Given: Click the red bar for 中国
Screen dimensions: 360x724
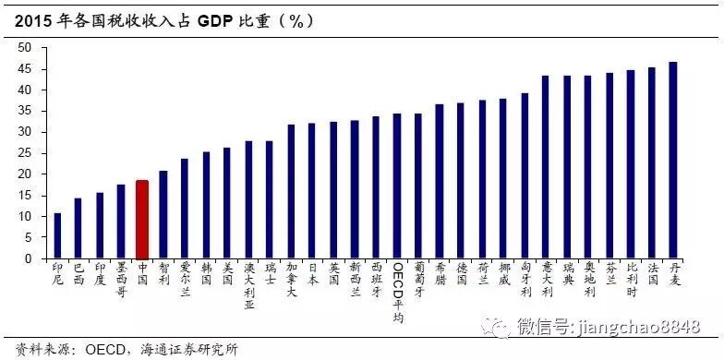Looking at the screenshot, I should pos(141,220).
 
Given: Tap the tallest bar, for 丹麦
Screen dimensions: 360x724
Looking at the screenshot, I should pos(673,161).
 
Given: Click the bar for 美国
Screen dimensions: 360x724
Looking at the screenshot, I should pos(226,203).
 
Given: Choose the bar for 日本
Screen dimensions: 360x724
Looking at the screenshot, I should pos(312,191).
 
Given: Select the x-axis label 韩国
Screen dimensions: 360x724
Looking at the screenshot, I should pos(205,276).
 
